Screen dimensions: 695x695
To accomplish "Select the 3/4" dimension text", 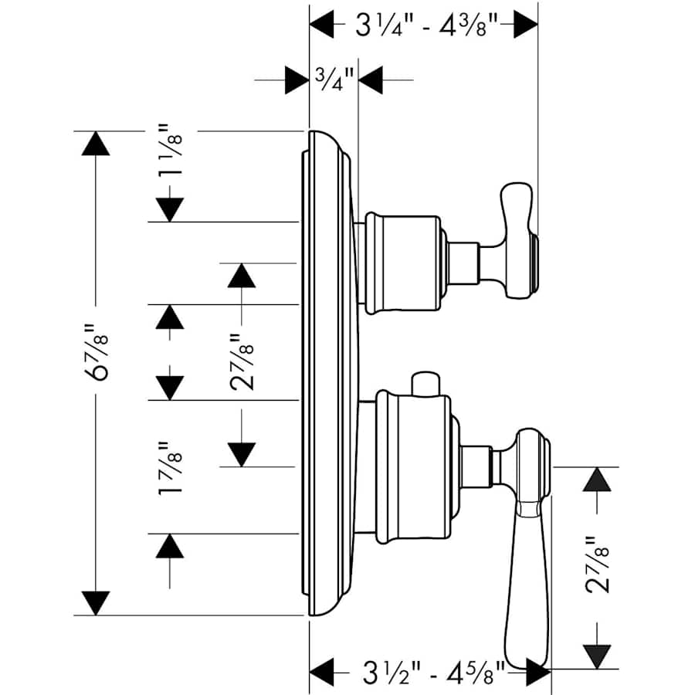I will pos(334,77).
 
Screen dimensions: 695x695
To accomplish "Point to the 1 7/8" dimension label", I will pos(170,469).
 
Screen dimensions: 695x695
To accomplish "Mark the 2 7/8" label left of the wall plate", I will pos(242,362).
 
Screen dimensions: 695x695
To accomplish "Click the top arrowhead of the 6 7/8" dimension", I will pos(97,144).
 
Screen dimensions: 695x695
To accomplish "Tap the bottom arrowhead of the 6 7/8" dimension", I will pos(97,602).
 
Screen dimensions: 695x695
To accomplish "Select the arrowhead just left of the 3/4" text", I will pos(297,79).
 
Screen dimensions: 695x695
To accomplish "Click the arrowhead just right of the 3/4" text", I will pos(372,79).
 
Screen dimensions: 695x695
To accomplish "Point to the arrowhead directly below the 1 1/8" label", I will pos(170,208).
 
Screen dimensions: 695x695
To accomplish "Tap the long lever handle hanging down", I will pos(528,556).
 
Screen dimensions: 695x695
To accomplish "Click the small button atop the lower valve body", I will pos(425,383).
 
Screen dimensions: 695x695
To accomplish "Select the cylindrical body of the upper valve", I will pos(402,263).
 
